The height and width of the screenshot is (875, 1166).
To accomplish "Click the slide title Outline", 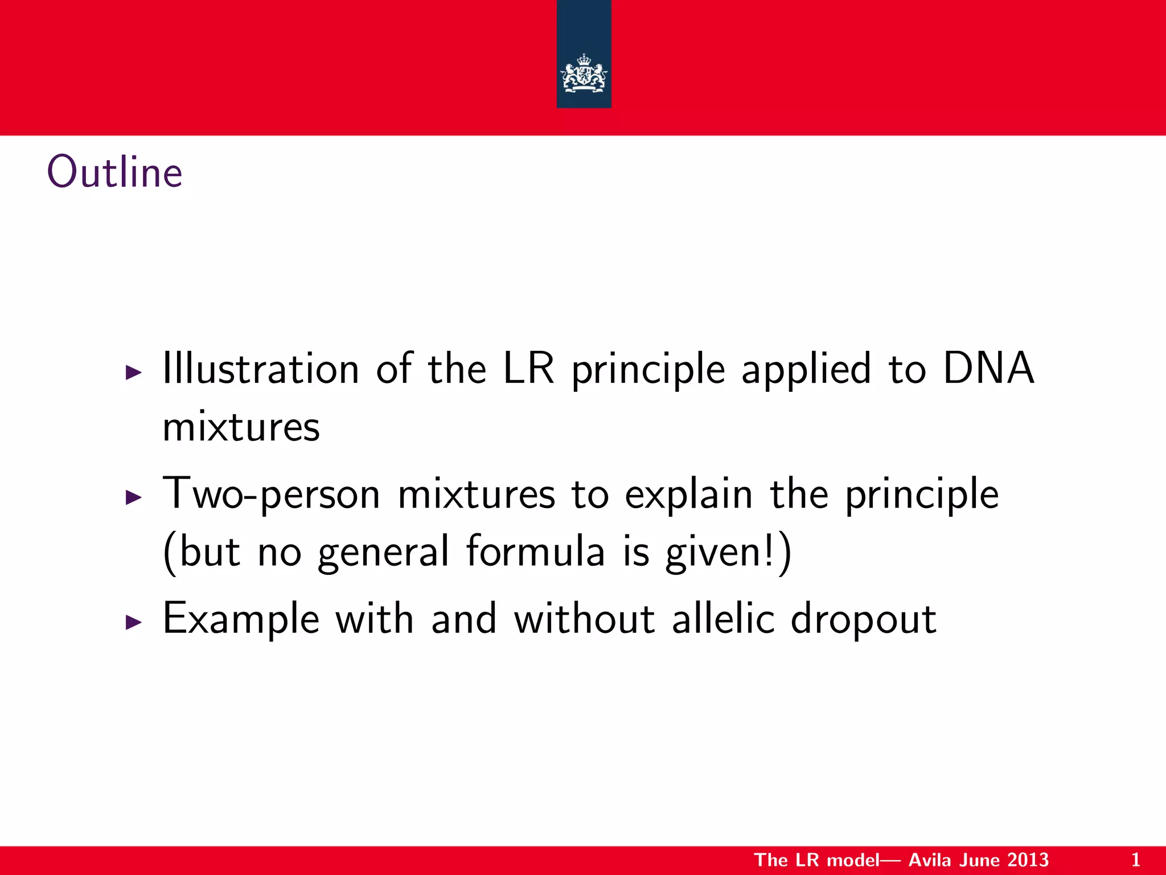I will click(x=114, y=172).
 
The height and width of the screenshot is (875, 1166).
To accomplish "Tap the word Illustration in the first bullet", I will click(x=261, y=369).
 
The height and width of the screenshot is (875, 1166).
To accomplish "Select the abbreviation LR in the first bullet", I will click(x=528, y=369).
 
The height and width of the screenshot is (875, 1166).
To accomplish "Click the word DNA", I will click(x=988, y=369).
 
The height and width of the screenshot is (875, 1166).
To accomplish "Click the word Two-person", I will click(x=271, y=494).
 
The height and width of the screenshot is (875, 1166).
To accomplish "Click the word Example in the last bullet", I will click(x=241, y=620).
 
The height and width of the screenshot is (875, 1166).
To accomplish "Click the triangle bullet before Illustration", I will click(x=133, y=373).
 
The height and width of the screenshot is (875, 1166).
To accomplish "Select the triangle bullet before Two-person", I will click(x=133, y=497).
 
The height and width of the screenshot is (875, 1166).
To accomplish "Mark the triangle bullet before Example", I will click(x=133, y=622).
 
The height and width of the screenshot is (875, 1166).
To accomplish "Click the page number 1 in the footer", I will click(x=1135, y=860).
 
